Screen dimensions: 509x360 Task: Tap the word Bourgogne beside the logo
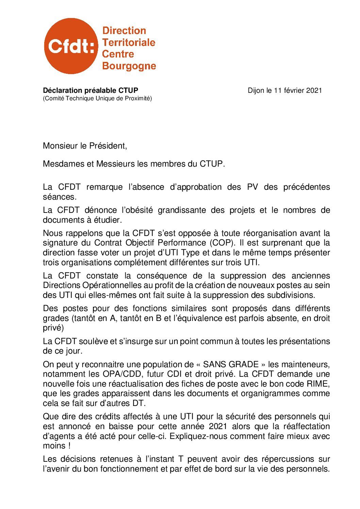point(129,66)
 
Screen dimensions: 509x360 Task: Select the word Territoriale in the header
point(129,43)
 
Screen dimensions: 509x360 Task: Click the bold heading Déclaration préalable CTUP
point(91,90)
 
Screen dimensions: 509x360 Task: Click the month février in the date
point(294,90)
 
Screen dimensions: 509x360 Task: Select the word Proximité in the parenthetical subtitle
point(138,99)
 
